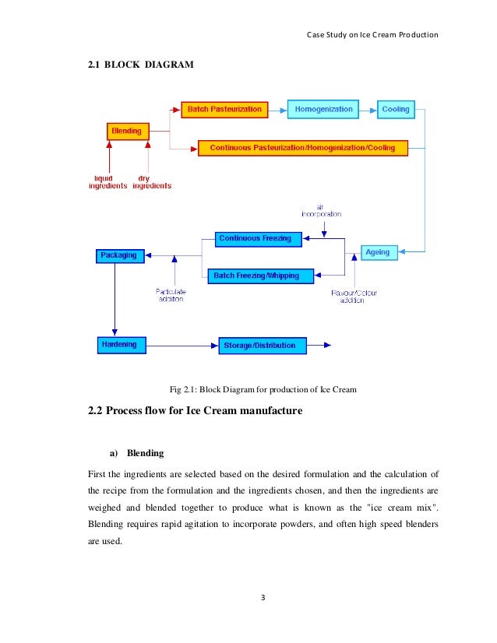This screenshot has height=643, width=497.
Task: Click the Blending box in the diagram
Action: (127, 132)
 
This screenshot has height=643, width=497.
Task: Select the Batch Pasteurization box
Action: (224, 109)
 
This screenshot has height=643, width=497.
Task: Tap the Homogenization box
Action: (324, 109)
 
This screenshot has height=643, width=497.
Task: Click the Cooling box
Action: (396, 109)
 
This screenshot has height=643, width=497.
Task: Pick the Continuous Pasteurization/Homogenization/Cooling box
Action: (302, 147)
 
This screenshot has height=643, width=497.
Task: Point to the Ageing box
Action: (381, 252)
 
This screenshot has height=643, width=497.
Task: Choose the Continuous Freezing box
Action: (255, 238)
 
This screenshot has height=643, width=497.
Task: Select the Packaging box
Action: (118, 255)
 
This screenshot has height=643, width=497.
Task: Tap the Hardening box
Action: (118, 344)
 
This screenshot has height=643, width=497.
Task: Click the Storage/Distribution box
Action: (260, 345)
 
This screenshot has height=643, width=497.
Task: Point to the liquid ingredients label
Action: (108, 182)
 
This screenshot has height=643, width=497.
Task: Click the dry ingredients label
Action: (151, 182)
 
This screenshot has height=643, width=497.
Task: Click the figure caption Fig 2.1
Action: (263, 388)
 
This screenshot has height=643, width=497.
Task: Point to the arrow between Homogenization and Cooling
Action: (368, 110)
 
